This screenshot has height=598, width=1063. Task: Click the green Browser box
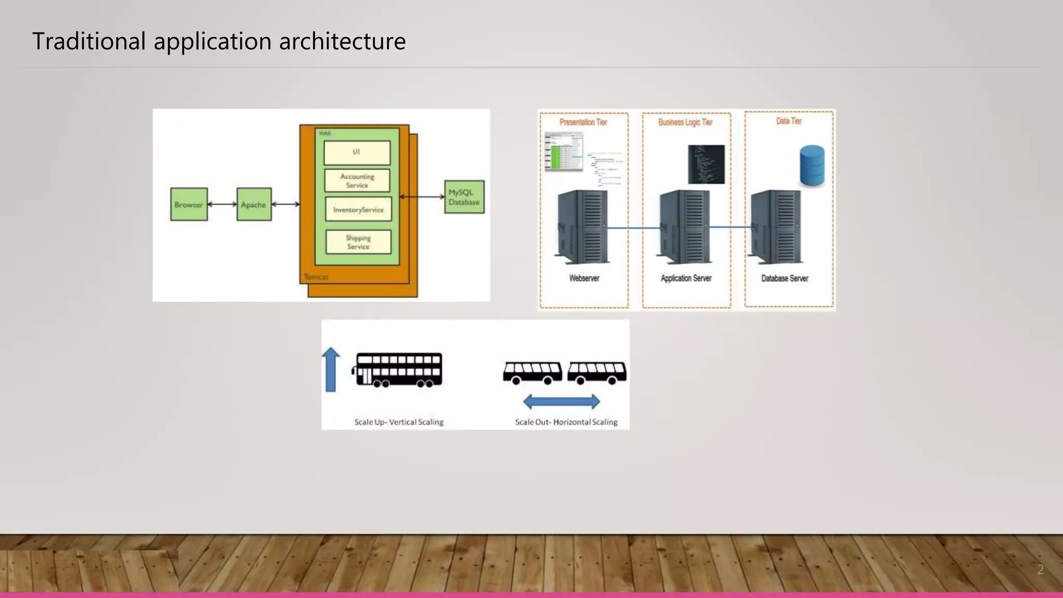[189, 205]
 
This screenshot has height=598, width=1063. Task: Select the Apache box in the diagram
[254, 205]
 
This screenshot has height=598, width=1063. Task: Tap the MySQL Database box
[465, 197]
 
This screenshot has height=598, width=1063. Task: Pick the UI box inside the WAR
[357, 153]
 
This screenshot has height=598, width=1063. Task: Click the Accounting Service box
[357, 181]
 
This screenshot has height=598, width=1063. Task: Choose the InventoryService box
[358, 209]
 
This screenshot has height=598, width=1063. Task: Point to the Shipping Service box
[358, 242]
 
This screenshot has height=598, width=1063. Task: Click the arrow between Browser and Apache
[222, 205]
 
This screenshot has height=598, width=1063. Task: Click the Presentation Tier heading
[583, 123]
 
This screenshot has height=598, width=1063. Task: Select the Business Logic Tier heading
[685, 123]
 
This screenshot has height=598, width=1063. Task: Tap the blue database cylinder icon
[812, 166]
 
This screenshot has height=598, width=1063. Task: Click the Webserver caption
[584, 278]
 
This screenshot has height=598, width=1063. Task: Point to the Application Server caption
[686, 278]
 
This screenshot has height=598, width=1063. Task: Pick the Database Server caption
[785, 278]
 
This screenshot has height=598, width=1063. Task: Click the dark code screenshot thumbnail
[706, 165]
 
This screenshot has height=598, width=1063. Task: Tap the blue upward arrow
[331, 370]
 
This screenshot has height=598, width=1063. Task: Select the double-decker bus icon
[398, 370]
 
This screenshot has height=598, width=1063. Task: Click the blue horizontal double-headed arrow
[562, 401]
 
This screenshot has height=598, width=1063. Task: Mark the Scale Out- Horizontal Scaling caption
[566, 422]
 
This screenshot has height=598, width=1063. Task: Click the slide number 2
[1040, 569]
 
